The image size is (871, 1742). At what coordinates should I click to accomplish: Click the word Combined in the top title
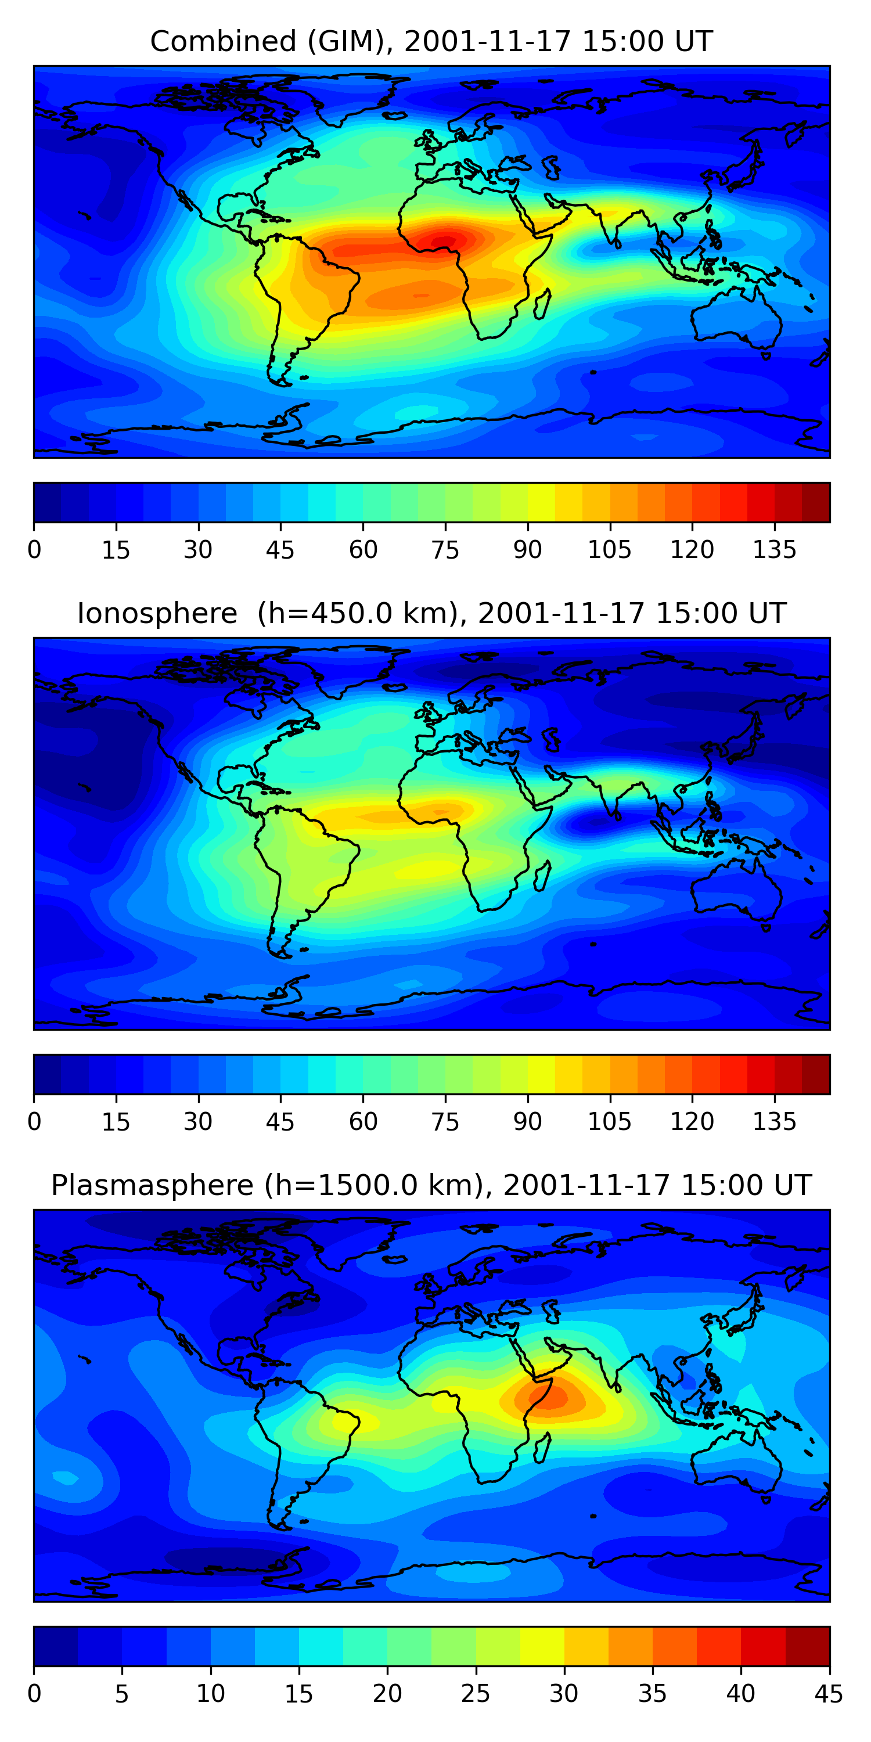click(223, 42)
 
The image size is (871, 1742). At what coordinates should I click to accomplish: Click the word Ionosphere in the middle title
click(157, 613)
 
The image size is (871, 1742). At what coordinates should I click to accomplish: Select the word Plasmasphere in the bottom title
click(152, 1186)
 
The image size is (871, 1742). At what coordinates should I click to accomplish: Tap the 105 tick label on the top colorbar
click(609, 550)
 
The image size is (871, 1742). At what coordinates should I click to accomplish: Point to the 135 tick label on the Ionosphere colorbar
click(774, 1122)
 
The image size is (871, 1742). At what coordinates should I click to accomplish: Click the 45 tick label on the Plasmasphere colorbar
click(829, 1694)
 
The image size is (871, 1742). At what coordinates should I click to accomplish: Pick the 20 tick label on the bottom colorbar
click(387, 1694)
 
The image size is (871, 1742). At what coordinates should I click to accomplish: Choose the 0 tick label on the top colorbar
click(34, 550)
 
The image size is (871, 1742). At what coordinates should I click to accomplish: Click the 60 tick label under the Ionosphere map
click(363, 1122)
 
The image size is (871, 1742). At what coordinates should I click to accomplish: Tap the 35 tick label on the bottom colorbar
click(652, 1694)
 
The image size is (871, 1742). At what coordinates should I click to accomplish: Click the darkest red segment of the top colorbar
click(816, 502)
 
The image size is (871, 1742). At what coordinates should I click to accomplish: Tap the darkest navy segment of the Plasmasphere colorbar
click(55, 1647)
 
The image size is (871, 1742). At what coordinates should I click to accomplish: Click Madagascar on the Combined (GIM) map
click(542, 304)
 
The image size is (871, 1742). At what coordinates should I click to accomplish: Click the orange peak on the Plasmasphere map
click(549, 1397)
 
